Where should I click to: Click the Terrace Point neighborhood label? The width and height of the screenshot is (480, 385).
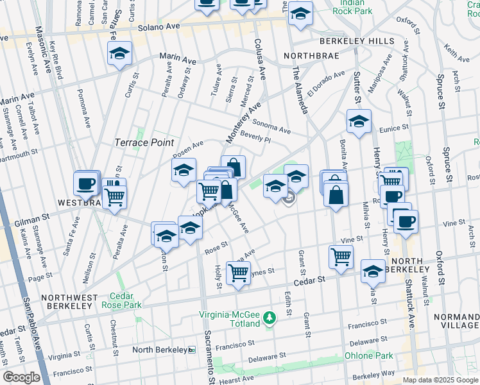pyautogui.click(x=144, y=142)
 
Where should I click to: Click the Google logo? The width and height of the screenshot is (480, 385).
pyautogui.click(x=21, y=377)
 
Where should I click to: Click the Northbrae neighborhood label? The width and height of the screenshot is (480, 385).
pyautogui.click(x=311, y=55)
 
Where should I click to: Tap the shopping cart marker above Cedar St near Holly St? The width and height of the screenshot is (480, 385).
pyautogui.click(x=239, y=272)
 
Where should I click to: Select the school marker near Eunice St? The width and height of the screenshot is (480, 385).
pyautogui.click(x=359, y=120)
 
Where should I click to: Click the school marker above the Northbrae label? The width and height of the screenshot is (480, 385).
pyautogui.click(x=300, y=13)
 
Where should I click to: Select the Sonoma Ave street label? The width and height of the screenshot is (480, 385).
pyautogui.click(x=271, y=127)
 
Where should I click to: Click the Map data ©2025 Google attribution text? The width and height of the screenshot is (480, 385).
pyautogui.click(x=440, y=379)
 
